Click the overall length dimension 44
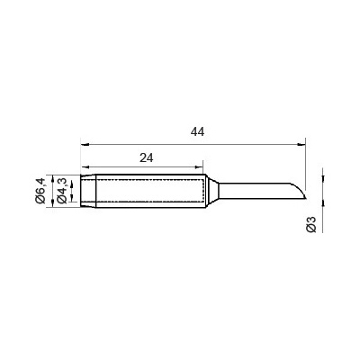(197, 131)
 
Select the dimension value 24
(147, 157)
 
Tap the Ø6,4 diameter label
(40, 191)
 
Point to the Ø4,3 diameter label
(62, 191)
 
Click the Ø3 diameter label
(311, 224)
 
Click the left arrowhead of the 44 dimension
(85, 144)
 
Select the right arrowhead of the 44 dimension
(301, 144)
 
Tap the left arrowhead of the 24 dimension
(85, 167)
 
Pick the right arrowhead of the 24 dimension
(199, 167)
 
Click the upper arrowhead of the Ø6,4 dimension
(53, 179)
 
